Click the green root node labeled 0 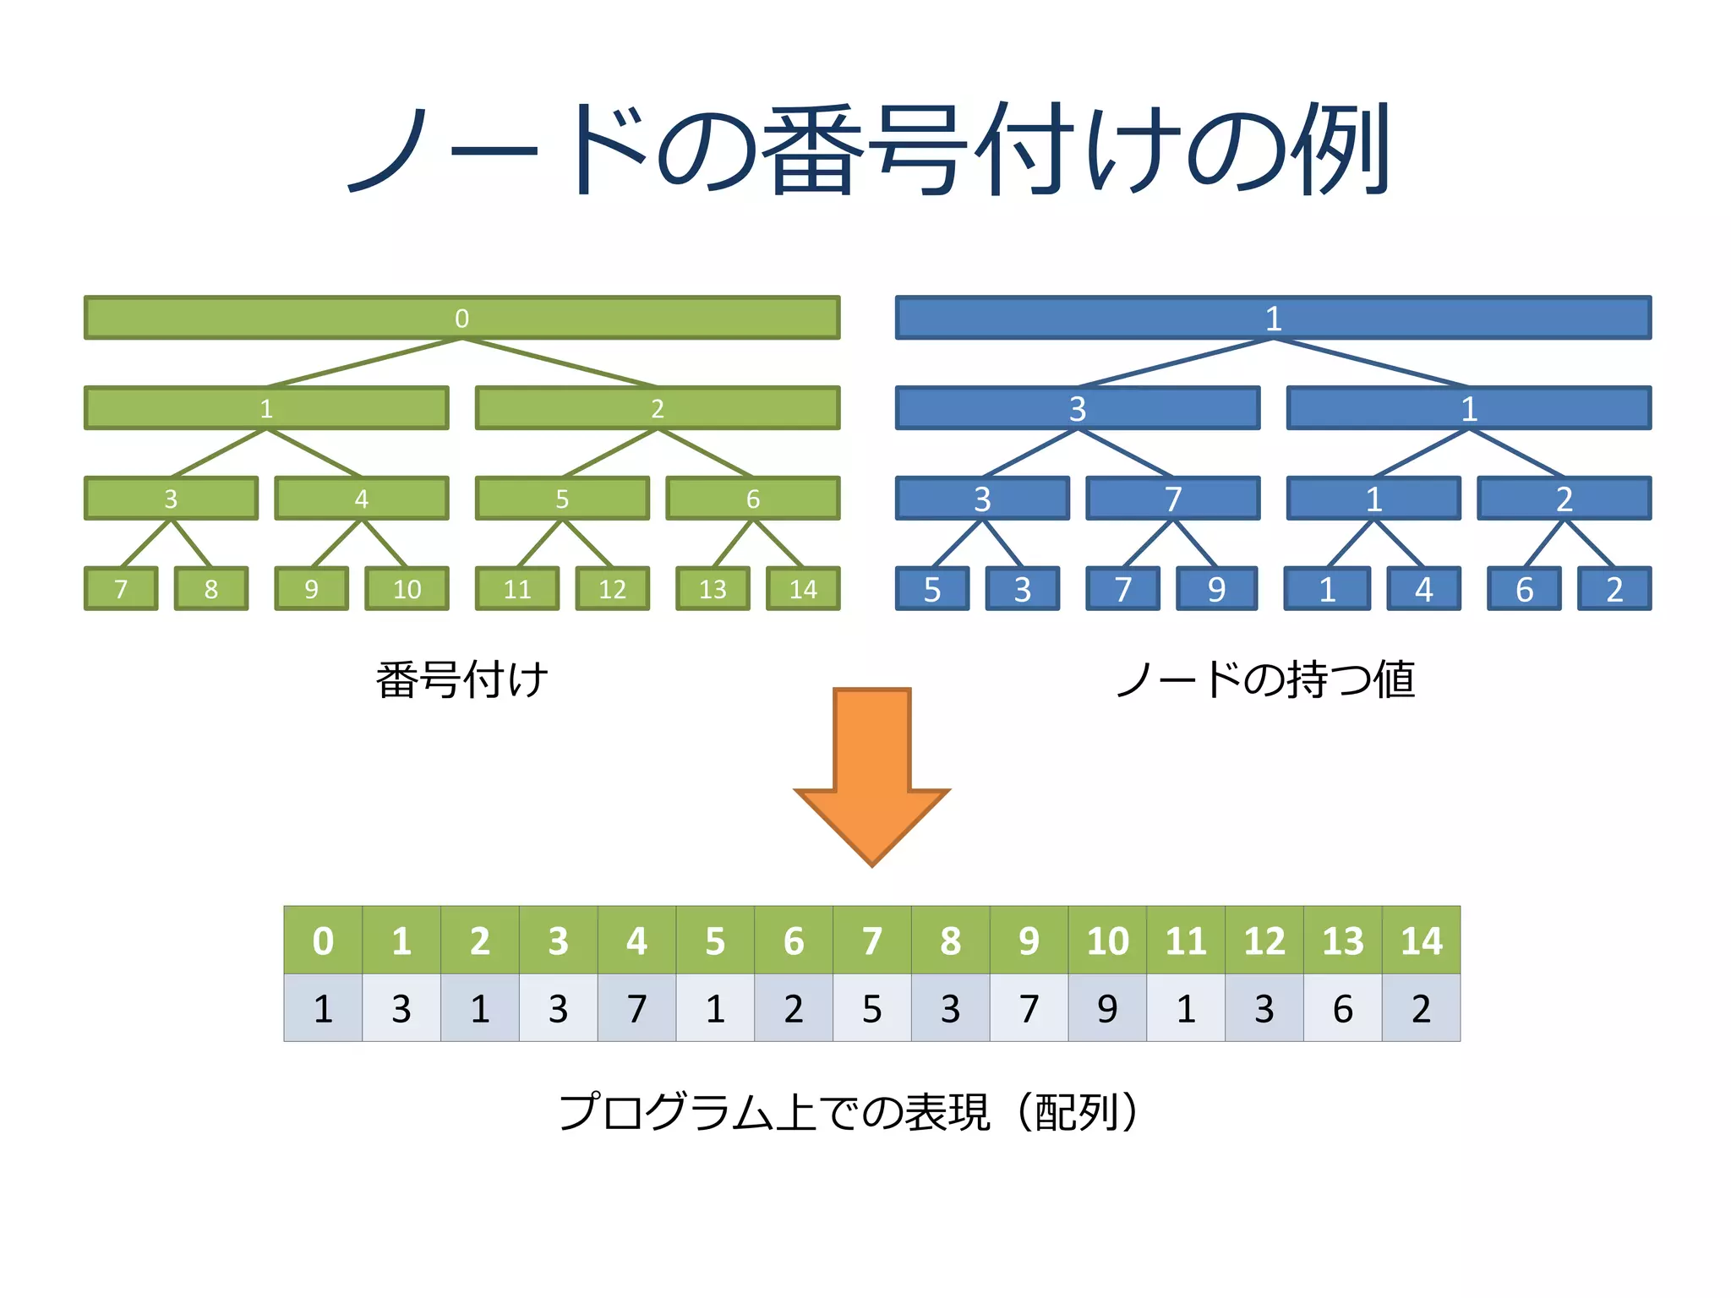461,318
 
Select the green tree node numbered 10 407,589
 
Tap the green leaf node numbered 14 803,589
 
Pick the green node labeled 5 562,499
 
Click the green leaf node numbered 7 121,589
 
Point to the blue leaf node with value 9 1216,589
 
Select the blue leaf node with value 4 1424,589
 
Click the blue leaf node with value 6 1524,589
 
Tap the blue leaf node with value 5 932,589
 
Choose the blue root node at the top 1273,318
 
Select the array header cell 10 1107,941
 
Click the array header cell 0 323,941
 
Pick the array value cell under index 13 1342,1008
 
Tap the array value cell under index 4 636,1008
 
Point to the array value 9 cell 1107,1008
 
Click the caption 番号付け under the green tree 461,680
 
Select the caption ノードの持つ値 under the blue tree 1265,680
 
